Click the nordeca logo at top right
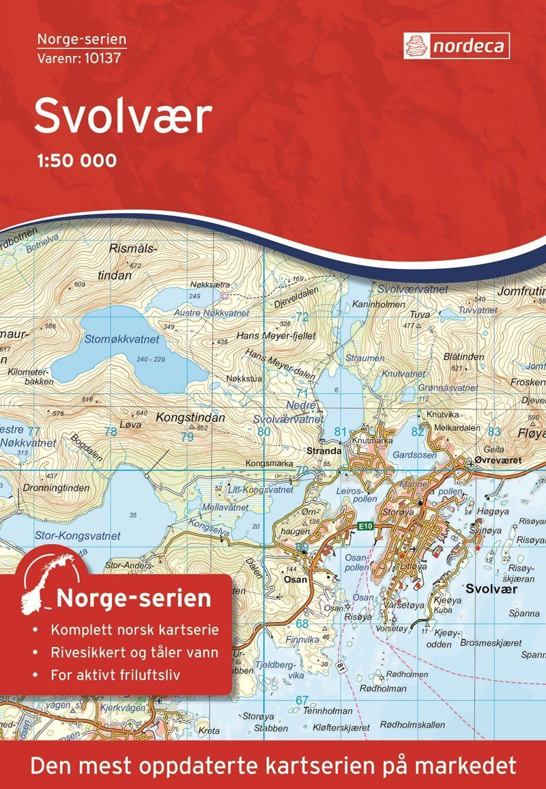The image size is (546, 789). (455, 45)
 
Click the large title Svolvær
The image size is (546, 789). (124, 117)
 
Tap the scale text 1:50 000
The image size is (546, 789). (74, 160)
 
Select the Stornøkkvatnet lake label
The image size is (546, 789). (121, 339)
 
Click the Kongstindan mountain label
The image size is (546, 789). (182, 416)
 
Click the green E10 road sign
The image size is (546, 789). (368, 526)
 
